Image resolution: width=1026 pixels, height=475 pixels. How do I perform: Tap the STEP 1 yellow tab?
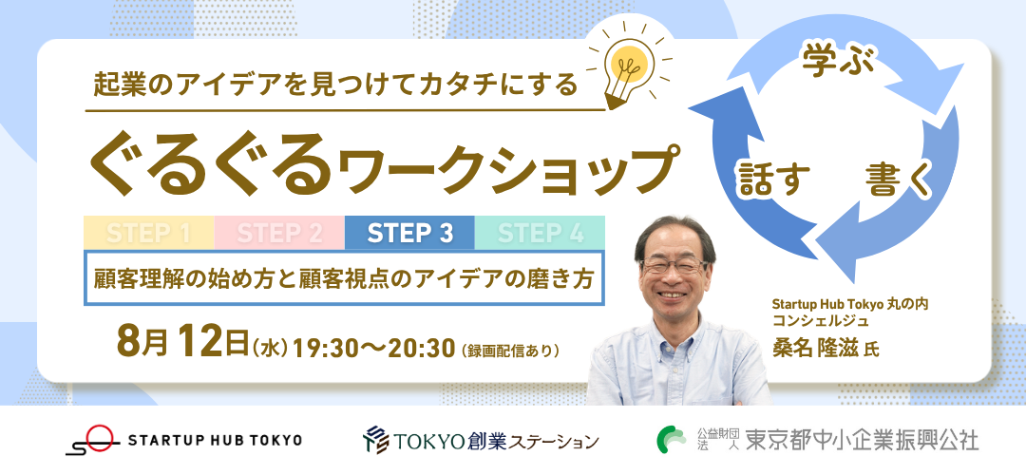148,233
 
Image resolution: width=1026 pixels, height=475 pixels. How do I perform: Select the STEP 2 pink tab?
279,233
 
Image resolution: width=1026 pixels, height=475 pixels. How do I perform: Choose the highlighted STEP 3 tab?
409,233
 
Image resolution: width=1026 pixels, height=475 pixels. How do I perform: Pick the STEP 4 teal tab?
540,233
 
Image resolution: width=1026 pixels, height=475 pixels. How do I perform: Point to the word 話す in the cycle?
774,179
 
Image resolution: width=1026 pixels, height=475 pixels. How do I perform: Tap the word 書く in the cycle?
899,179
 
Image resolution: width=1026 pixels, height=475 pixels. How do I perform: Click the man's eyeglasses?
674,266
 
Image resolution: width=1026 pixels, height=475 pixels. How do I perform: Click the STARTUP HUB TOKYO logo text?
216,440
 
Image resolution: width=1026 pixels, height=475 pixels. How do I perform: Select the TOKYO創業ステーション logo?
481,440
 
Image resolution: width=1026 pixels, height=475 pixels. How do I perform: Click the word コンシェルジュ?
821,320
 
